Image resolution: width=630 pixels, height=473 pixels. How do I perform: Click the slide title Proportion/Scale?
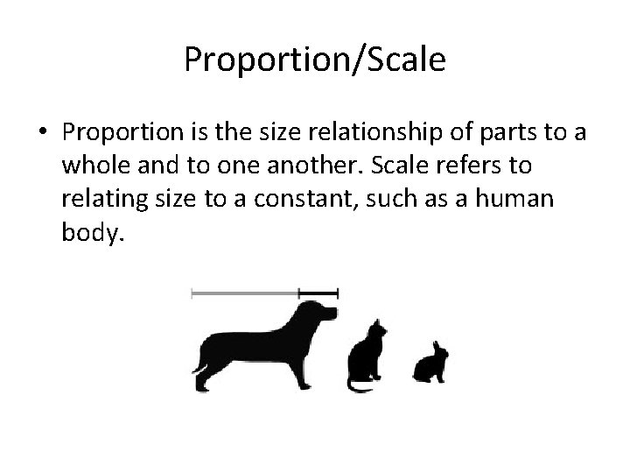[x=315, y=60]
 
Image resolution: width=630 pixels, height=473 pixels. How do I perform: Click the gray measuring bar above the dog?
[x=245, y=293]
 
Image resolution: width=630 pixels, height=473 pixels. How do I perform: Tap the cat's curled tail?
[x=359, y=385]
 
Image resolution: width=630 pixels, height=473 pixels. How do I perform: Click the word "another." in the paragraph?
[x=331, y=166]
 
